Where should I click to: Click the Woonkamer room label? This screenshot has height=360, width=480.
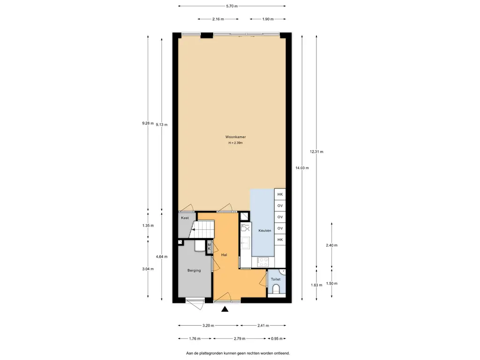point(235,137)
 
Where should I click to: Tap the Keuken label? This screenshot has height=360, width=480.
point(265,231)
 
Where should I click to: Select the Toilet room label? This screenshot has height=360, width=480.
point(276,279)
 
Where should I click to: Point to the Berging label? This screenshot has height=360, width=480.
point(194,270)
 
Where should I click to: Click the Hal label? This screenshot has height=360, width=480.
point(224,255)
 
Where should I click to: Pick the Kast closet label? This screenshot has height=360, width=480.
point(185,218)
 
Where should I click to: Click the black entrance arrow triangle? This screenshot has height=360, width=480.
point(225,309)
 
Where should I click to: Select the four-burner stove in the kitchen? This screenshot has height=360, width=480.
point(263,262)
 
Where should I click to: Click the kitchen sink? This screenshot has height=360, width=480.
point(246,243)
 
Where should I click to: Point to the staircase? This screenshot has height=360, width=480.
point(202,230)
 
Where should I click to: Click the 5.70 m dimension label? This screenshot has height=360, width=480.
point(232,6)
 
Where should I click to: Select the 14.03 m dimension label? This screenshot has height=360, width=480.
point(302,168)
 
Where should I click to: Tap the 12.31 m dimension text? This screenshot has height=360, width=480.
point(316,151)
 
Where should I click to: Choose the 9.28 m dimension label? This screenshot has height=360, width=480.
point(148,123)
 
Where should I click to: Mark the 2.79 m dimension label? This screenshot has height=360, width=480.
point(240,338)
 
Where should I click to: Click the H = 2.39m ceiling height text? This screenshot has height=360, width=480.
point(235,143)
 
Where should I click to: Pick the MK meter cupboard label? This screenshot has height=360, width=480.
point(210,247)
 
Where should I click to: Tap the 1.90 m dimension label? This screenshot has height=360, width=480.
point(268,19)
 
